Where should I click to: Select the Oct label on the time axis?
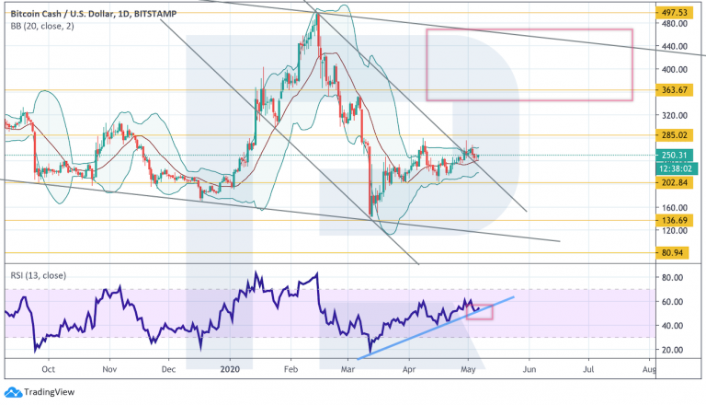[x=50, y=368]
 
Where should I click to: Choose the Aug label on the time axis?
[x=648, y=368]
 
